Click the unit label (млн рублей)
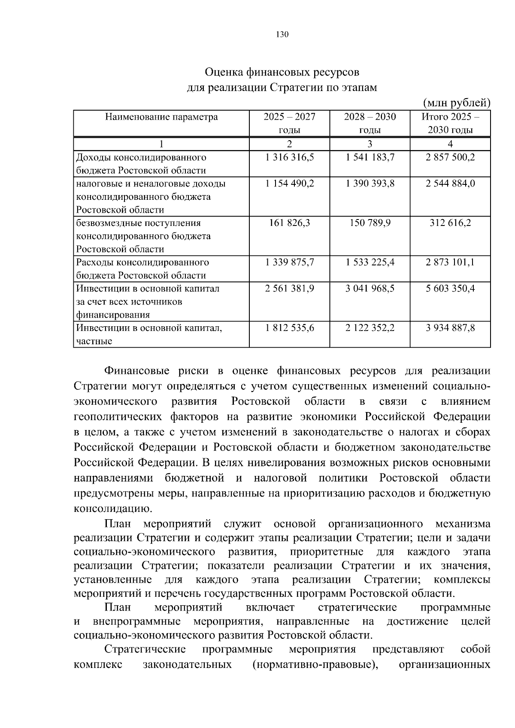[x=456, y=103]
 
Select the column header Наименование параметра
[x=161, y=117]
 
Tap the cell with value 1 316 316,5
[x=290, y=157]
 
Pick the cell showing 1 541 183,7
[x=370, y=157]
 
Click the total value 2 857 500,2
[x=450, y=157]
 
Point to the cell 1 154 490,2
[x=290, y=184]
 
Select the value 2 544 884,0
[x=450, y=184]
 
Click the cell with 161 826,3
[x=290, y=223]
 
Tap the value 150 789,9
[x=370, y=223]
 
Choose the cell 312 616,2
[x=450, y=223]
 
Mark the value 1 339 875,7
[x=290, y=262]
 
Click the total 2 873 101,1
[x=450, y=262]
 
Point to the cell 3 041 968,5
[x=370, y=289]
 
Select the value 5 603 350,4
[x=450, y=289]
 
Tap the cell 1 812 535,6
[x=290, y=328]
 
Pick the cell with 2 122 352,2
[x=370, y=328]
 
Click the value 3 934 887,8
[x=450, y=328]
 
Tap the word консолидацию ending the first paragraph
[x=113, y=509]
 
